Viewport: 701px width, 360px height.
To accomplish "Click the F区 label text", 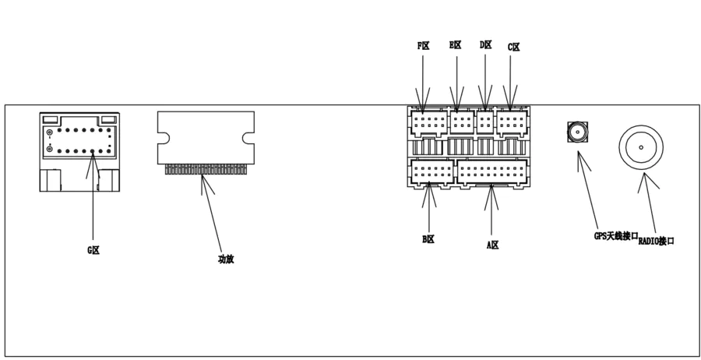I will [424, 46].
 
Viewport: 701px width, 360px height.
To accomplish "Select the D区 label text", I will [486, 45].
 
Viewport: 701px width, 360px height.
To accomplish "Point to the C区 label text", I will [513, 48].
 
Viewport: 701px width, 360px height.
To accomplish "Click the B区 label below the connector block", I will [428, 240].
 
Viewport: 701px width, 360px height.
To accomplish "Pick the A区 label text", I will [492, 245].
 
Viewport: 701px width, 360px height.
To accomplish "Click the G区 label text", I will [93, 250].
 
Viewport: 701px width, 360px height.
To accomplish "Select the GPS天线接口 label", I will [615, 235].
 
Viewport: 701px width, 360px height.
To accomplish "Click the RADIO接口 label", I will [657, 241].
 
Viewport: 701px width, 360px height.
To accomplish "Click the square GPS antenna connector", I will [577, 132].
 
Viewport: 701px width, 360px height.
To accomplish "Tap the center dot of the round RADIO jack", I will [641, 146].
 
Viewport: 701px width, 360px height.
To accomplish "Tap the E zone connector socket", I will [462, 122].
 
